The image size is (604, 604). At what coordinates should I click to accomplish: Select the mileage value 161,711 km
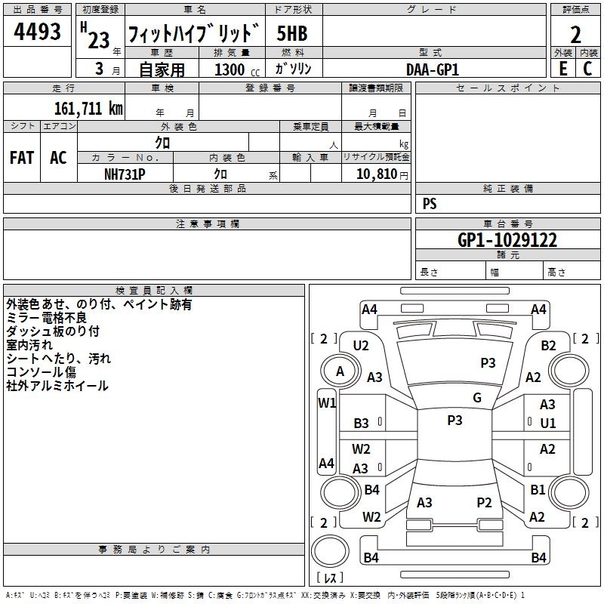tap(88, 109)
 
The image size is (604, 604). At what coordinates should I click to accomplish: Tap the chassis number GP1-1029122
tap(507, 241)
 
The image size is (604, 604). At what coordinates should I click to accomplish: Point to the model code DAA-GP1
tap(432, 69)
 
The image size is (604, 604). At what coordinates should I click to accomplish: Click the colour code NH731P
tap(125, 174)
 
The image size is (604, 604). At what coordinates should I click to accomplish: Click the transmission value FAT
tap(21, 158)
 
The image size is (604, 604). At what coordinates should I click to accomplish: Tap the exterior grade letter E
tap(562, 69)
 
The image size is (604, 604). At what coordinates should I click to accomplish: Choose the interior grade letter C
tap(587, 69)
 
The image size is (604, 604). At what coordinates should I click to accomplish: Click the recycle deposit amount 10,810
tap(376, 174)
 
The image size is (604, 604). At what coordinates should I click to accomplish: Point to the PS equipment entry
tap(430, 204)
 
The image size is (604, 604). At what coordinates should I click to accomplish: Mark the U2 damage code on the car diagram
tap(361, 345)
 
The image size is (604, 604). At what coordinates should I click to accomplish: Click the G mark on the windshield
tap(476, 397)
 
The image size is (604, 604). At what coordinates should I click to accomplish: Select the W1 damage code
tap(326, 402)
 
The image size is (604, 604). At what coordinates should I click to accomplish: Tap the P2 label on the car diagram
tap(484, 502)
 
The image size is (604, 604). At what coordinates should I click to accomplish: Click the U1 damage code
tap(547, 423)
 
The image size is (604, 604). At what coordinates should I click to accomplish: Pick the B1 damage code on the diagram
tap(538, 489)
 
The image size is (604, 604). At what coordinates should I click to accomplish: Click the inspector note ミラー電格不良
tap(46, 318)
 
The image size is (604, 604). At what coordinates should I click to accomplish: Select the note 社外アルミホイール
tap(57, 386)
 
